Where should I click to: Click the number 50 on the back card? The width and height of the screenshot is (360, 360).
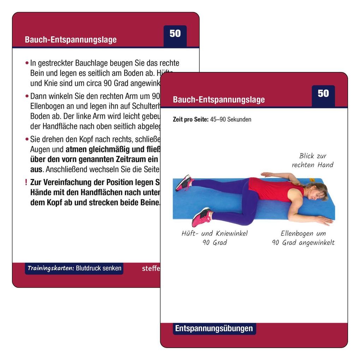(175, 34)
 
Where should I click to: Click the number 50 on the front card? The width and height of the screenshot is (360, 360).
(323, 94)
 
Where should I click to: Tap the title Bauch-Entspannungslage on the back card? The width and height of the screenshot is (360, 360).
(71, 40)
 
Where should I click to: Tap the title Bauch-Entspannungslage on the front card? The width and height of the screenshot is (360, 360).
(219, 100)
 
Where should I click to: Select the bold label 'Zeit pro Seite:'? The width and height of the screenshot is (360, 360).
(191, 119)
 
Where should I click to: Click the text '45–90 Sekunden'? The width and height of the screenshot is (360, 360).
(231, 119)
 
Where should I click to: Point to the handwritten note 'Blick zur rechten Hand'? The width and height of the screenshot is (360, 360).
(312, 160)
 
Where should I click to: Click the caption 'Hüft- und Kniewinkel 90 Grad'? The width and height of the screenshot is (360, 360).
(215, 238)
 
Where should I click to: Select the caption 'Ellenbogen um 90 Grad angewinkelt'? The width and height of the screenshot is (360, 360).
(303, 238)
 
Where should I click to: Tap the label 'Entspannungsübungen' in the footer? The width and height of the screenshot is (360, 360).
(214, 329)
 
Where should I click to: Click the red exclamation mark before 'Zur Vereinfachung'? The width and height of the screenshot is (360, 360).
(26, 183)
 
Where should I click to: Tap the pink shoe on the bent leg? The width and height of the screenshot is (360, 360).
(201, 216)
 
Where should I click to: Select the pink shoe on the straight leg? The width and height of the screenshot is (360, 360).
(184, 182)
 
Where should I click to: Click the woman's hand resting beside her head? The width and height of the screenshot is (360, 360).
(324, 221)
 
